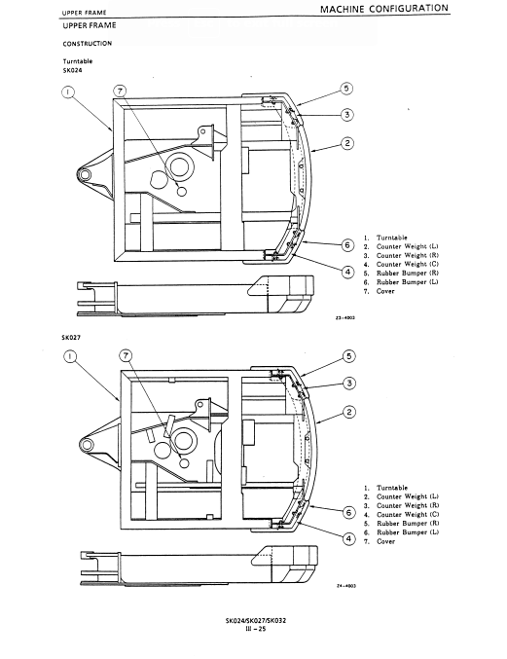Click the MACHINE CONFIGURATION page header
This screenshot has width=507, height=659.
[x=384, y=9]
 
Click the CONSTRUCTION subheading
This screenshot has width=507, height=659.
[x=88, y=43]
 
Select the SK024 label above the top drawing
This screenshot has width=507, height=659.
[x=72, y=70]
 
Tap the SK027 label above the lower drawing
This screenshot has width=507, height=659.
[x=71, y=338]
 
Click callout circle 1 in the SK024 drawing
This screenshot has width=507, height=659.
[x=68, y=92]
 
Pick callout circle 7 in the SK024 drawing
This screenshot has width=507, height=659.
[x=120, y=92]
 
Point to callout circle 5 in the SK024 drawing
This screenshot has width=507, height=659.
[x=346, y=89]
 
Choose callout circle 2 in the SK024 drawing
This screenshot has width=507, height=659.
[x=347, y=143]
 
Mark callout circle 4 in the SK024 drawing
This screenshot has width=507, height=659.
[x=347, y=272]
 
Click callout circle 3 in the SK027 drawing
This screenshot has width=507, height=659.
[x=349, y=384]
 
